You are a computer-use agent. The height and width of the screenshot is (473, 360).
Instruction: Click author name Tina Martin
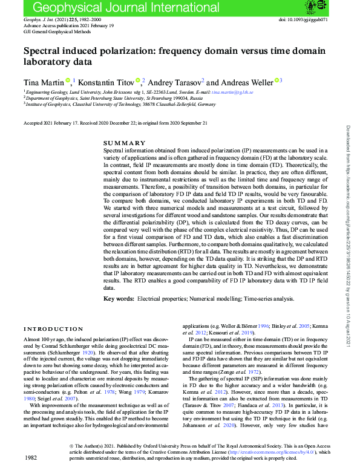click(38, 82)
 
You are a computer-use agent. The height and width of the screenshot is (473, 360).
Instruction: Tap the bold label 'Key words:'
click(118, 299)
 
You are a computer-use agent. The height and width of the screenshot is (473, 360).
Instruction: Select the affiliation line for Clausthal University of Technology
click(121, 104)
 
